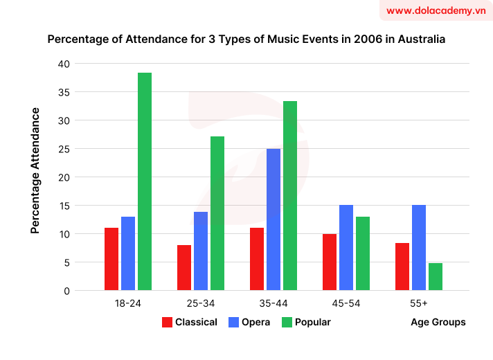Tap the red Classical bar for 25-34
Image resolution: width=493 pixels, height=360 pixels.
pos(184,267)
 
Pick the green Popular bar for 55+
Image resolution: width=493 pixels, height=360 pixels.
pos(435,276)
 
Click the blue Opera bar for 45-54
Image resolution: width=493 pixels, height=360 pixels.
pos(346,247)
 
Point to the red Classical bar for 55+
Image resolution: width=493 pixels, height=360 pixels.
pos(402,267)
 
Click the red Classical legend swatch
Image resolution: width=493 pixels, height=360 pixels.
pos(167,322)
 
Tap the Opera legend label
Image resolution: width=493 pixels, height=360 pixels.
pos(256,322)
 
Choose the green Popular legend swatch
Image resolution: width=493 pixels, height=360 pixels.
pos(287,322)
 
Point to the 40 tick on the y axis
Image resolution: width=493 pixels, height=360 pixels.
pos(64,64)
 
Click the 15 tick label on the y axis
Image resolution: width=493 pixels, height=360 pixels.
pos(64,206)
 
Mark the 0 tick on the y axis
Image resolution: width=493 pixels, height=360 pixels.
pos(67,291)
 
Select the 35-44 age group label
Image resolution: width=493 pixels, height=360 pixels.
pos(274,304)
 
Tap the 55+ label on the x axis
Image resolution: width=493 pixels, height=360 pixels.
pos(418,304)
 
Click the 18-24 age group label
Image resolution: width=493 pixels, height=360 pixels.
pos(128,304)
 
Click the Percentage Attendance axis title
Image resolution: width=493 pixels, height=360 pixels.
pos(35,170)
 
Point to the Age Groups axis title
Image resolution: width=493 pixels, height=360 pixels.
pos(438,322)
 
